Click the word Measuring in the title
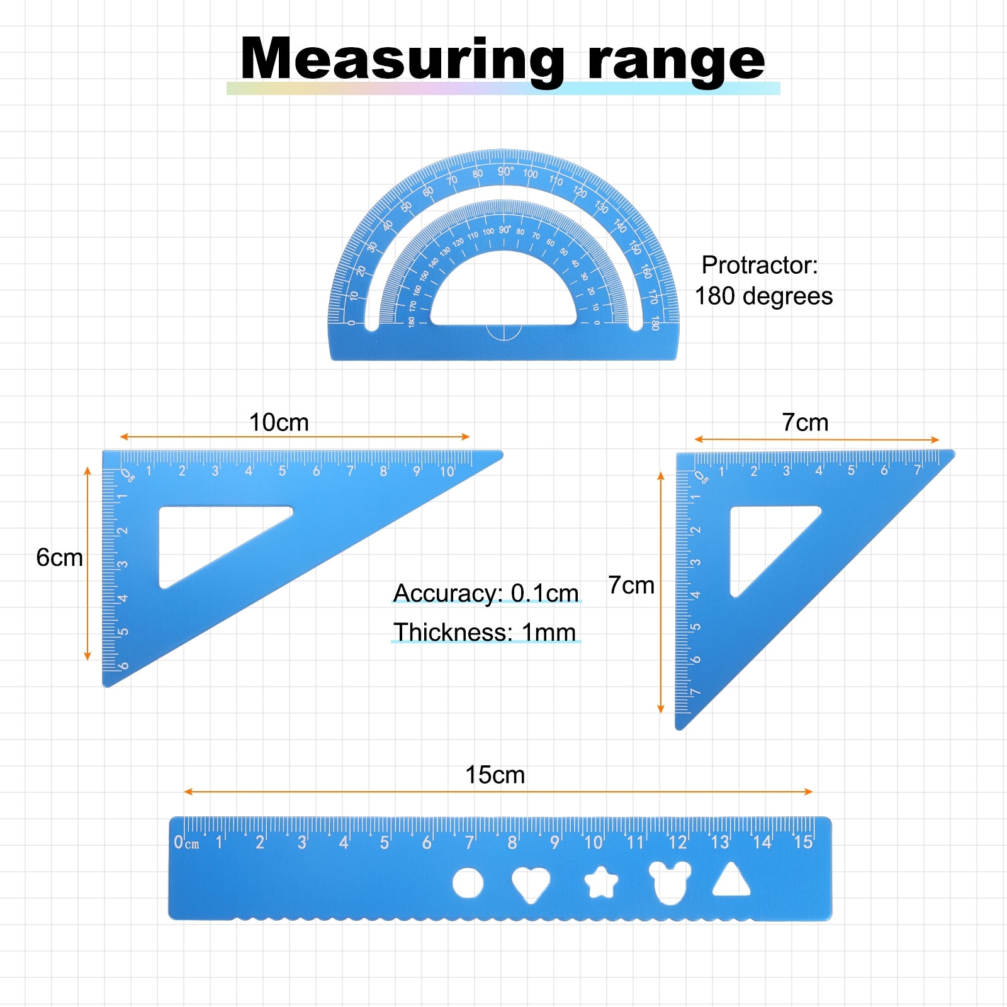tap(402, 60)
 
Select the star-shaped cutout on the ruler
tap(601, 882)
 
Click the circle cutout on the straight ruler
tap(468, 883)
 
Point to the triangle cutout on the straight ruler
tap(731, 881)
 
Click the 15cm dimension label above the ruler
tap(495, 775)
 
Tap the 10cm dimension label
tap(279, 422)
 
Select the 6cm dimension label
tap(59, 558)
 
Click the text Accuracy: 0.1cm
tap(486, 593)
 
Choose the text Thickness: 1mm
tap(485, 632)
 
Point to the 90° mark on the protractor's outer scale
tap(505, 171)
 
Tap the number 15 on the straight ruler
tap(803, 842)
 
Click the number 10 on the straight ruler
tap(594, 842)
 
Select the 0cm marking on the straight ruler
tap(186, 843)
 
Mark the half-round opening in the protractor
tap(503, 296)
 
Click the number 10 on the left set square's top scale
tap(446, 471)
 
